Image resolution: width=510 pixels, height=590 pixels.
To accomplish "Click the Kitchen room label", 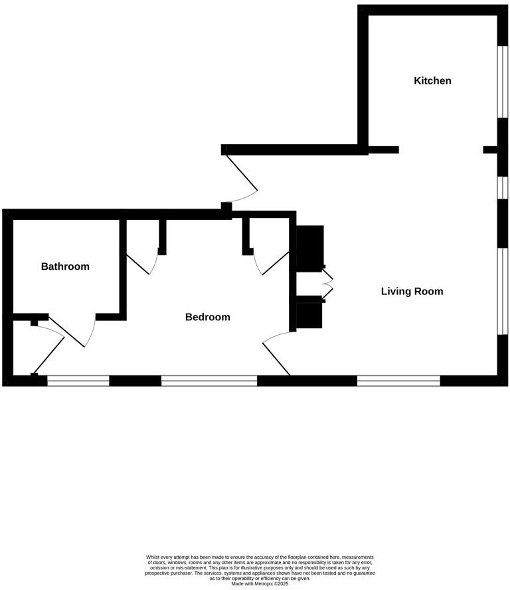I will [x=432, y=80].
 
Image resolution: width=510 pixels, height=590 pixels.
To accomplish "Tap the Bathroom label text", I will [x=65, y=266].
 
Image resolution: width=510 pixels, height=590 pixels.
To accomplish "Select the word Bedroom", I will [x=207, y=317].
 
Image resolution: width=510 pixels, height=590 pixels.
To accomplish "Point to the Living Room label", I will [x=412, y=291].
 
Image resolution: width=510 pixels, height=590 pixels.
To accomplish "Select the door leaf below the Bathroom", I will [x=66, y=331].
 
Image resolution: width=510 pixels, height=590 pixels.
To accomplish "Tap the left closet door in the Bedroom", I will [x=137, y=264].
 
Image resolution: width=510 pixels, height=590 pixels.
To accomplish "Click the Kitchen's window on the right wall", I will [x=503, y=82].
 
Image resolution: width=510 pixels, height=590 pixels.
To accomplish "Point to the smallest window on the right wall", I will [x=503, y=187].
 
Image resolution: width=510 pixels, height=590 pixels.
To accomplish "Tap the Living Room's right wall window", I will [x=503, y=291].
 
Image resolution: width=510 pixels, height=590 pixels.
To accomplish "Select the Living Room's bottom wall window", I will [x=398, y=381].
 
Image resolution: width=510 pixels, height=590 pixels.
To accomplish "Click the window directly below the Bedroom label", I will [x=209, y=381].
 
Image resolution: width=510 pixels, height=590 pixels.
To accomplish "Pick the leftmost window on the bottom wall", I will [x=78, y=381].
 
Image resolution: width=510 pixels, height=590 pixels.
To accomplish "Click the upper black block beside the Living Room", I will [x=309, y=248].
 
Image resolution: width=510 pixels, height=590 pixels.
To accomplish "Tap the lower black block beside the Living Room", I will [x=309, y=316].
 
